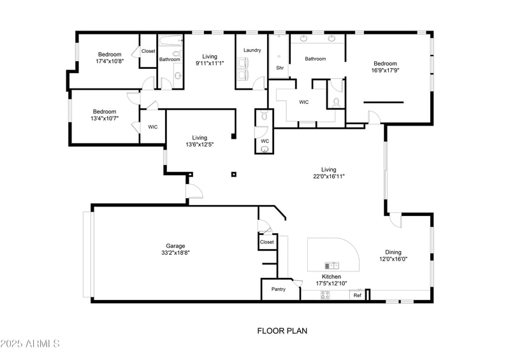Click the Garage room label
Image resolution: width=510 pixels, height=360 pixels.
[x=175, y=246]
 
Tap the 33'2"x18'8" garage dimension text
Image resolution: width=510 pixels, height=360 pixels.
[x=175, y=253]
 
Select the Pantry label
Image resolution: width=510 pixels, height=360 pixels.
[x=279, y=289]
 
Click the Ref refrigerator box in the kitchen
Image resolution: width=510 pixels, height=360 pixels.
[x=358, y=296]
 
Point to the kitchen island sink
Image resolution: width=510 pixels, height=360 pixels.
[x=332, y=265]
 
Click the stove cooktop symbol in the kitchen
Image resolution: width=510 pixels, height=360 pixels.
[x=325, y=295]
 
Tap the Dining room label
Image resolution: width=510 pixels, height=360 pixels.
[x=393, y=252]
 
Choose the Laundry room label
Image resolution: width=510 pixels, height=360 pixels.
[x=252, y=50]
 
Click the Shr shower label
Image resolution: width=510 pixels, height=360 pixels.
[x=279, y=68]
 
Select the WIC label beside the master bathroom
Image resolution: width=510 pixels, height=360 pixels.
[x=304, y=102]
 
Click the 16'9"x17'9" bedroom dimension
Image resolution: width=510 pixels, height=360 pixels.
[x=385, y=71]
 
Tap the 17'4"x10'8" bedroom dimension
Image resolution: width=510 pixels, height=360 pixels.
[x=110, y=61]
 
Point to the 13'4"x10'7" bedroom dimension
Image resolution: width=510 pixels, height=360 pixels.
[x=105, y=118]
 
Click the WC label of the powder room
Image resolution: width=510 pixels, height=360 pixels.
[x=265, y=140]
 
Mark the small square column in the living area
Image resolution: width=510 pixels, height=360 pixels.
[x=234, y=174]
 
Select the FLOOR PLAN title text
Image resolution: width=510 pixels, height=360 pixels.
[x=282, y=331]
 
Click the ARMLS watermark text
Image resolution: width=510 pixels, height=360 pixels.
[x=30, y=344]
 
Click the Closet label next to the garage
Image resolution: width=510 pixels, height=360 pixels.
[x=266, y=242]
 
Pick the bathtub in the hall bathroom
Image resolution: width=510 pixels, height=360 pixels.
[x=170, y=43]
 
